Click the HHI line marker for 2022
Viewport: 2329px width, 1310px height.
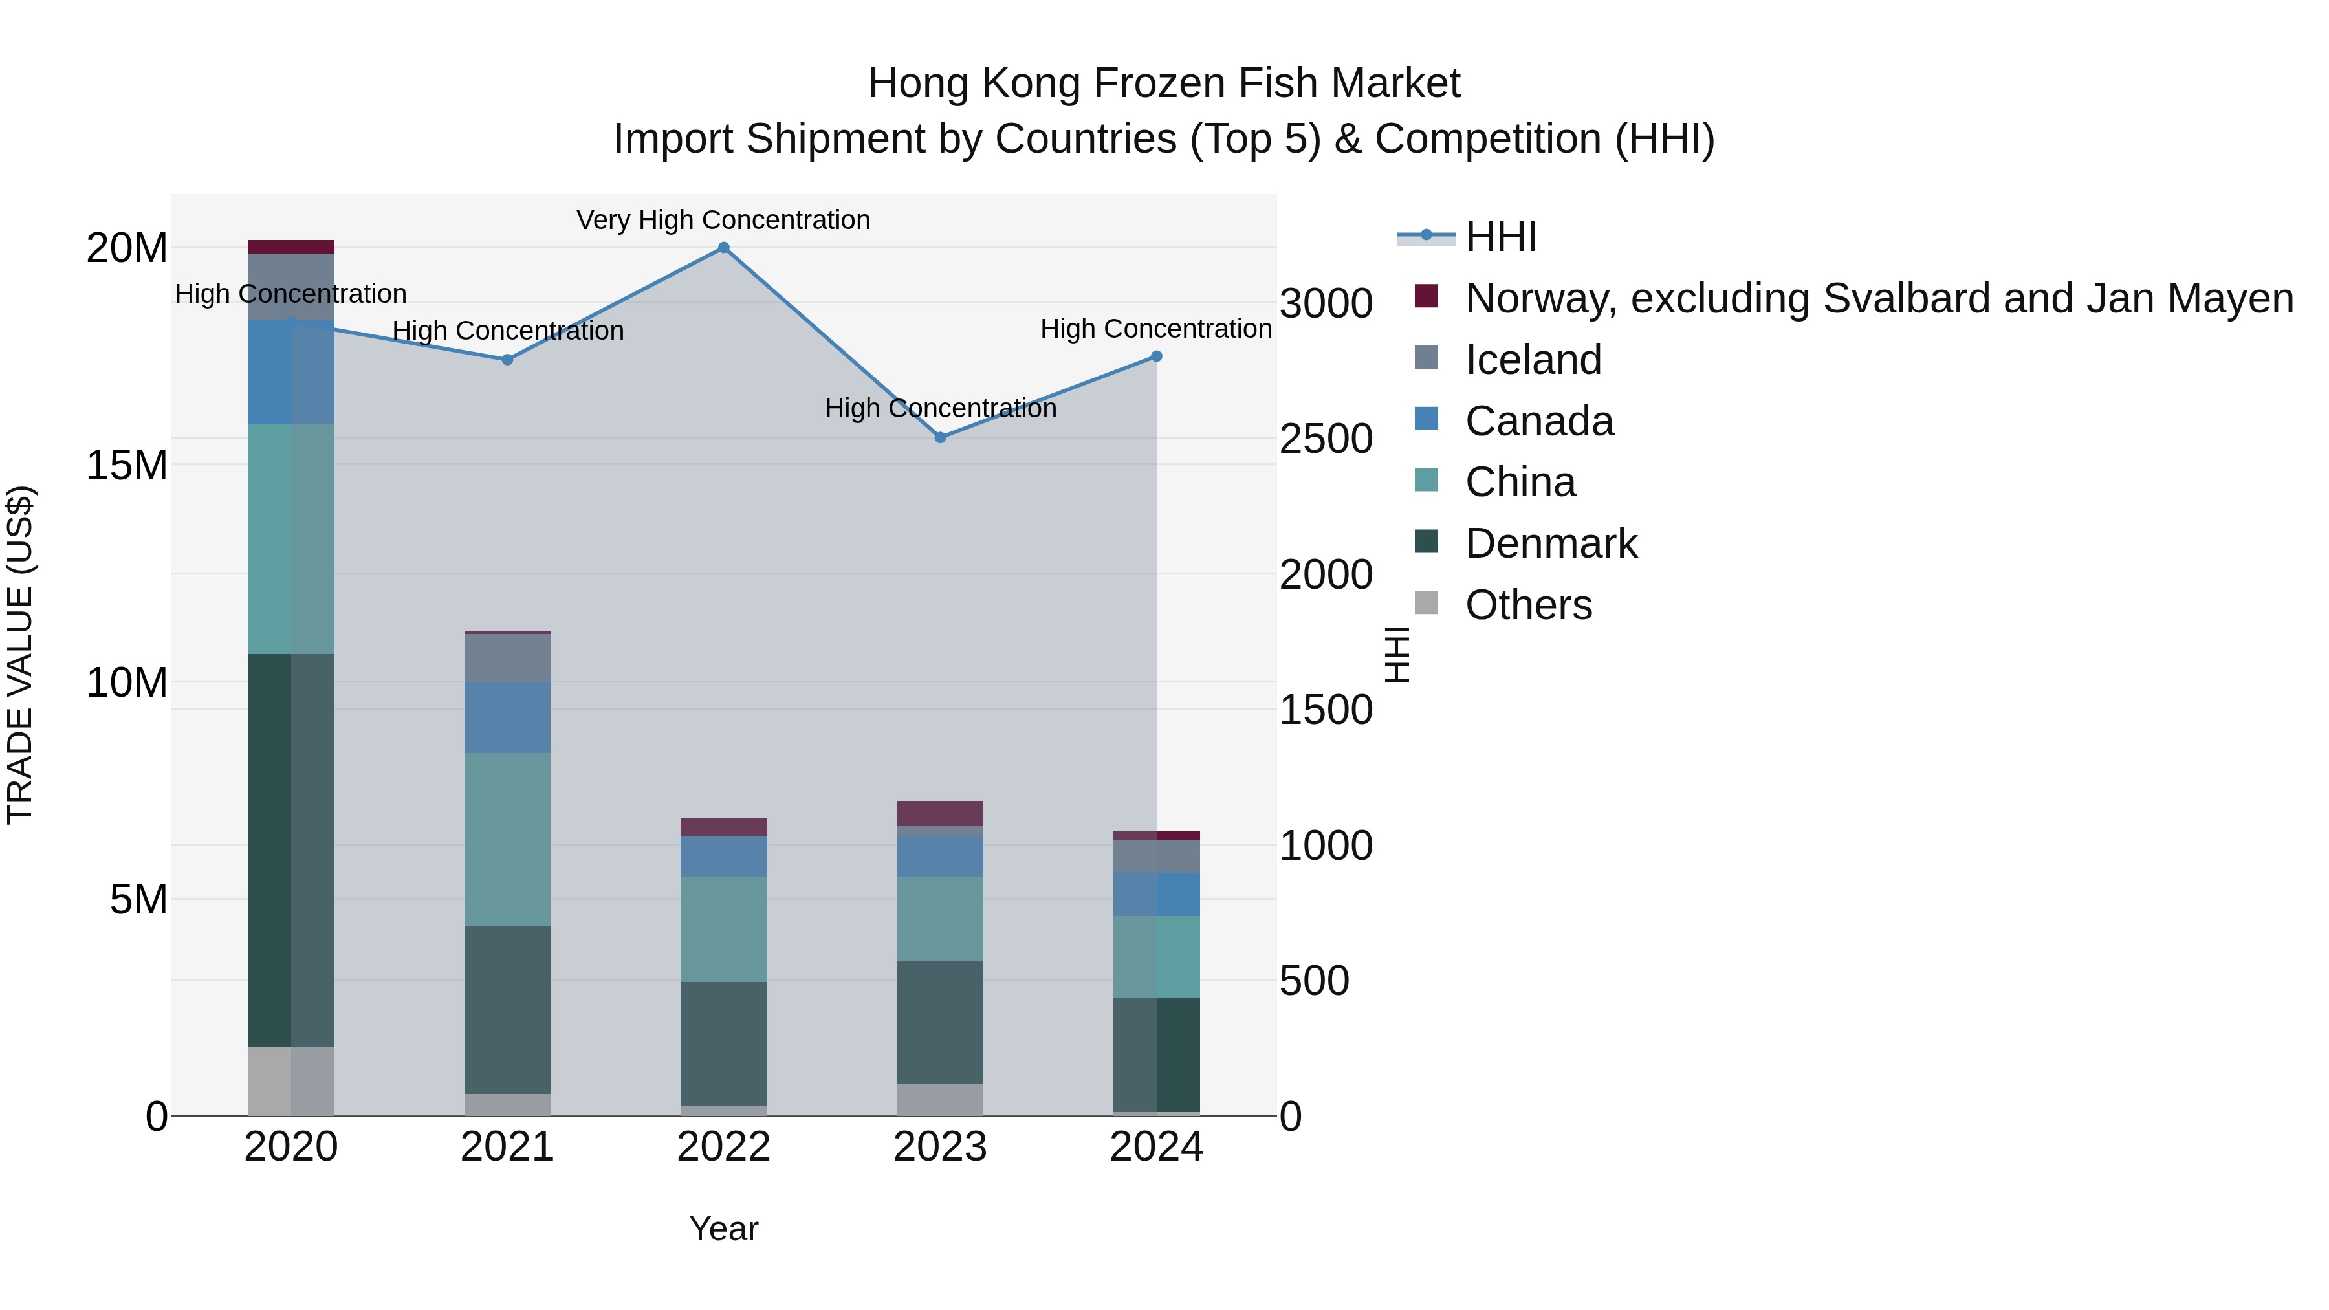[723, 248]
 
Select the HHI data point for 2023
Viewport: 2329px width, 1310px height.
[940, 437]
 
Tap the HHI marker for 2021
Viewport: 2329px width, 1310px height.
[507, 360]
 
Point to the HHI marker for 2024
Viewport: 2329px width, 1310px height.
[1156, 357]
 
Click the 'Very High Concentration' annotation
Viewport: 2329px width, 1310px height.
[723, 221]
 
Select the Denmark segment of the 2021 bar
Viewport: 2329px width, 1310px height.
[507, 1010]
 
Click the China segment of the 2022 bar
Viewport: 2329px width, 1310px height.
[723, 930]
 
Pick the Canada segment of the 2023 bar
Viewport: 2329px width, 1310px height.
[940, 856]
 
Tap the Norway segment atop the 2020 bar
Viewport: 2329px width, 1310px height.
[291, 247]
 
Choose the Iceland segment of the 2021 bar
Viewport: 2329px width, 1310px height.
[507, 658]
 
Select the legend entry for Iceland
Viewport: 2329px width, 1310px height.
[1533, 360]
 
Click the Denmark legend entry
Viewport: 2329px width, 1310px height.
[1551, 543]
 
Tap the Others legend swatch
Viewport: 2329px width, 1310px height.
[1426, 603]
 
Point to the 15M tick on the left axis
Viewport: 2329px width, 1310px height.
[127, 466]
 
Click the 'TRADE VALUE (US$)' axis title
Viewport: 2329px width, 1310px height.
[21, 655]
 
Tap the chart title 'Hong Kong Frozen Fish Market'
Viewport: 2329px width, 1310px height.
[1164, 83]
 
